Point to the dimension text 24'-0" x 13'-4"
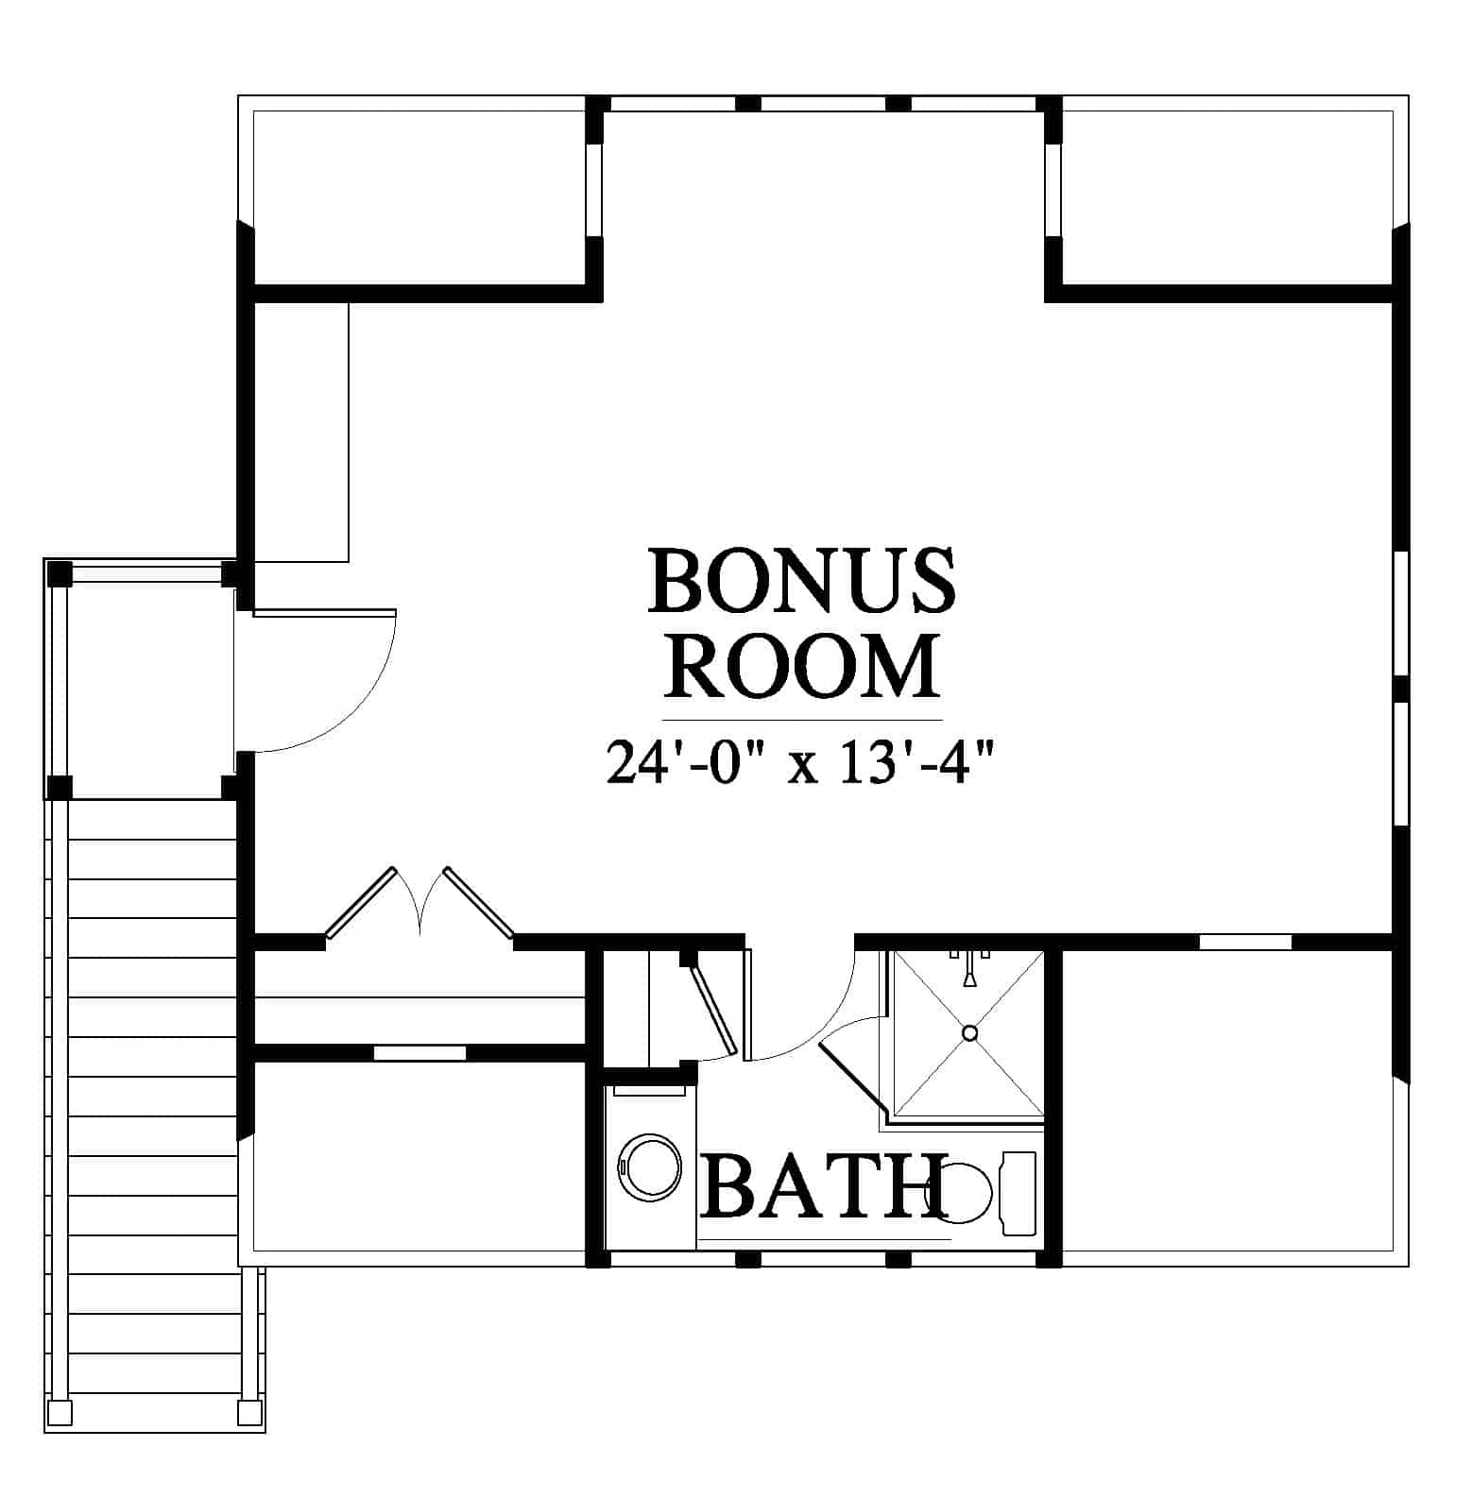(801, 763)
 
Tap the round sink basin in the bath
(649, 1168)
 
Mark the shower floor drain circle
(969, 1033)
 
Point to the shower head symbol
(969, 969)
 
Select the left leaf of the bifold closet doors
(360, 903)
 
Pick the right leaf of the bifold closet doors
(479, 903)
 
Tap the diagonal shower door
(851, 1076)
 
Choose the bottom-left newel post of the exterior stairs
(59, 1412)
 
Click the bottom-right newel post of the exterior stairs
(250, 1412)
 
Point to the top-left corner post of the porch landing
(60, 573)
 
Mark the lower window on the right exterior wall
(1402, 765)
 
